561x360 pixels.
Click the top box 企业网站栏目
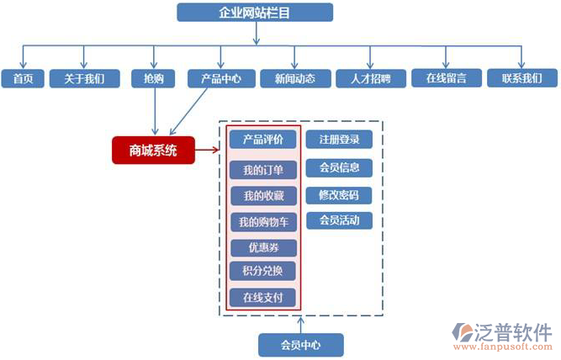[x=255, y=12]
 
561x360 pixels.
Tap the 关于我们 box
[x=83, y=78]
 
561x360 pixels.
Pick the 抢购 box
[x=154, y=78]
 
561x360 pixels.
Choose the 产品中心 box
[x=220, y=78]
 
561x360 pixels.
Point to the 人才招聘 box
[x=370, y=78]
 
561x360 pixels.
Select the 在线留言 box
[x=452, y=78]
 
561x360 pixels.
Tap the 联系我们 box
[x=528, y=78]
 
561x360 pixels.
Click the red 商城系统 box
[x=153, y=151]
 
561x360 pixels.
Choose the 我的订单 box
[x=262, y=170]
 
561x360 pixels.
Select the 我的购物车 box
[x=262, y=222]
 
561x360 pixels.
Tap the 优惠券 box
[x=262, y=247]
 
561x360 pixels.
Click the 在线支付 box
[x=262, y=297]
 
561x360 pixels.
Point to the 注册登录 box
[x=339, y=140]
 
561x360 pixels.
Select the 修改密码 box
[x=339, y=195]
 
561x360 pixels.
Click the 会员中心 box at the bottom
[x=300, y=344]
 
